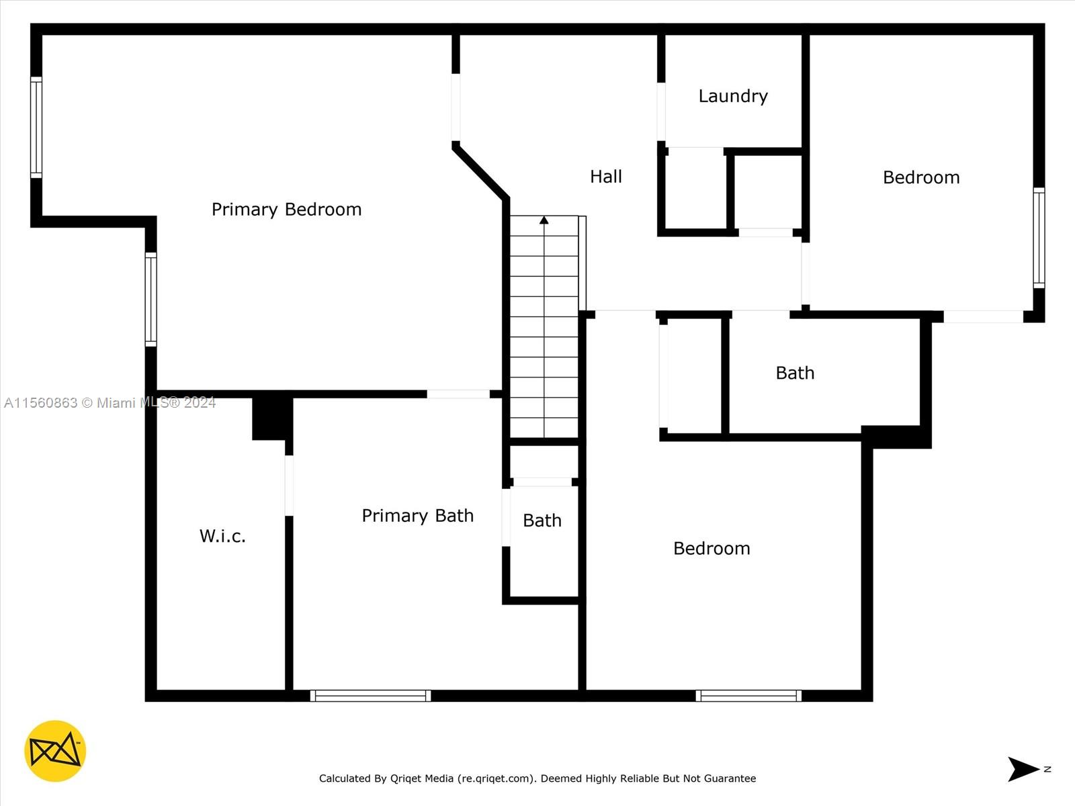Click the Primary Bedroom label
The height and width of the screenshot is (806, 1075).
coord(286,210)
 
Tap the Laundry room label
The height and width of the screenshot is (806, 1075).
coord(733,96)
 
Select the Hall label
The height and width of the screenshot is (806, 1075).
coord(606,177)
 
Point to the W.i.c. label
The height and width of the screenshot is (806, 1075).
coord(222,536)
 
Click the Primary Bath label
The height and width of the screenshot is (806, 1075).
coord(418,515)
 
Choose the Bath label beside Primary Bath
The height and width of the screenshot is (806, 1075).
coord(542,520)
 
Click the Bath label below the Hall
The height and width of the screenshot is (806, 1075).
coord(795,373)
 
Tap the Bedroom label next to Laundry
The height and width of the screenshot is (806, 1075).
coord(921,177)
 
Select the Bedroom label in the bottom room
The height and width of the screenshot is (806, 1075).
coord(712,548)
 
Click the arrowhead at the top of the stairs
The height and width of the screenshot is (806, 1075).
coord(544,220)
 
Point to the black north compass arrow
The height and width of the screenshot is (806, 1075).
coord(1023,769)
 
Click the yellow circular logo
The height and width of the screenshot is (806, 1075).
coord(55,751)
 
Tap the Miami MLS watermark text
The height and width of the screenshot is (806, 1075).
coord(110,403)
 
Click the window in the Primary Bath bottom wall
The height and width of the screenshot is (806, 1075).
coord(370,695)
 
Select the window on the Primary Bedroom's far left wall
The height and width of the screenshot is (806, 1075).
coord(36,127)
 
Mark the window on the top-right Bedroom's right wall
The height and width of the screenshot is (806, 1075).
coord(1039,238)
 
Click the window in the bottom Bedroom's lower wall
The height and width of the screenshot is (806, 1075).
coord(748,695)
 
